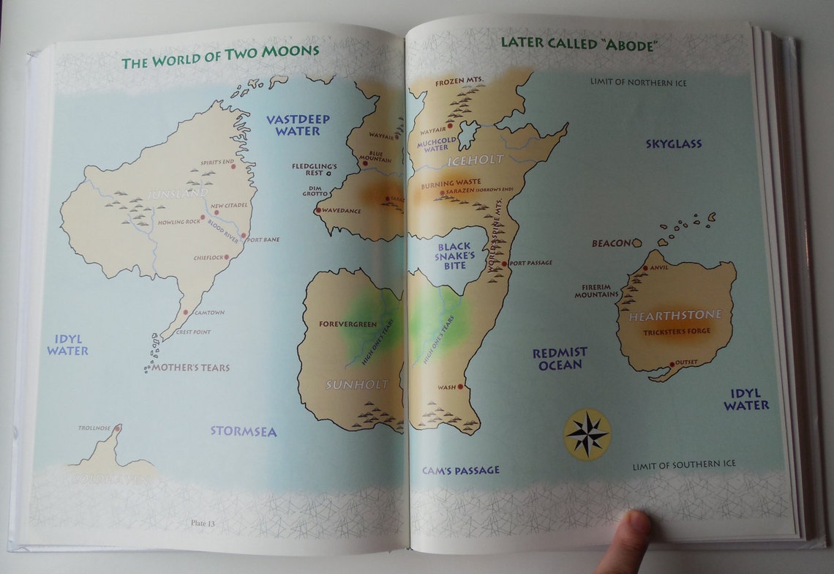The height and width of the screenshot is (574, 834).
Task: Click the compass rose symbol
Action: tap(587, 434)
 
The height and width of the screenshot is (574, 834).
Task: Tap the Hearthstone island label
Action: tap(675, 315)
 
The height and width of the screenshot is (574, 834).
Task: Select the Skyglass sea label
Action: tap(673, 144)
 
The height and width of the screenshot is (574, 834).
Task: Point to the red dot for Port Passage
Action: tap(504, 263)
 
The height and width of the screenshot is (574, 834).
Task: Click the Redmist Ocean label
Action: tap(560, 358)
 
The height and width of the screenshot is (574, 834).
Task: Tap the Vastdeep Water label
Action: tap(298, 124)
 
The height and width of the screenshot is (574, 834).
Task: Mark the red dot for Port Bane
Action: tap(244, 236)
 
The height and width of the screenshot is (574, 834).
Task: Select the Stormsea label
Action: tap(244, 431)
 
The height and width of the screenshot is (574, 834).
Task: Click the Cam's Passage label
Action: tap(460, 470)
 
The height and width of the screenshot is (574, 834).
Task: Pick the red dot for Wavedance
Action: tap(318, 212)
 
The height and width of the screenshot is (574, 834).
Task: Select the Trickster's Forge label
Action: tap(676, 332)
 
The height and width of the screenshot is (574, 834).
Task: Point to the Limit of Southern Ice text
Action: tap(684, 464)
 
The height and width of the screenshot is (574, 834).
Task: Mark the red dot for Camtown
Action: tap(186, 313)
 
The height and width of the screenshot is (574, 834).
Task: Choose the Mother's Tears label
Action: tap(190, 368)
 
